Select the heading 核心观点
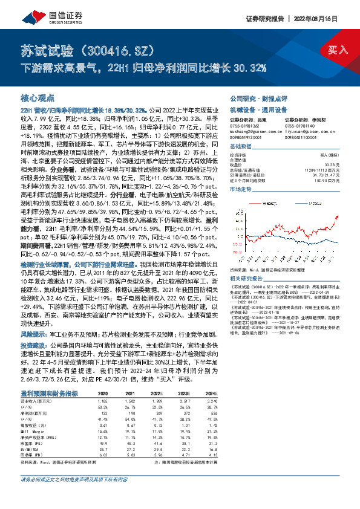point(38,97)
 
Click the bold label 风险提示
point(32,350)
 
